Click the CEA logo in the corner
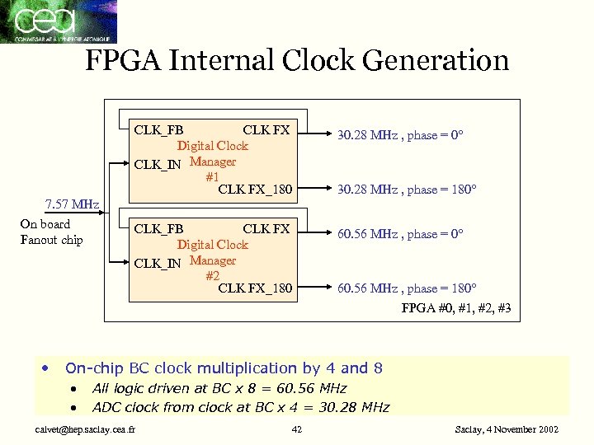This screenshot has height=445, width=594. tap(59, 21)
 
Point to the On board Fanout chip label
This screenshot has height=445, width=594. tap(51, 232)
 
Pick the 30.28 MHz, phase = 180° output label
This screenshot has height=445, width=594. tap(407, 190)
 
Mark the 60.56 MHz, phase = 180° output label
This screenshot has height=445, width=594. tap(407, 288)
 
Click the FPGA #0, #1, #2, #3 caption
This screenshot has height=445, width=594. tap(456, 309)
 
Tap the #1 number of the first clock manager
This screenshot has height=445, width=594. tap(212, 176)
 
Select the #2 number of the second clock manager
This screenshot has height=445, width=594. tap(212, 275)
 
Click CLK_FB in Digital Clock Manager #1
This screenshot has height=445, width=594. tap(158, 129)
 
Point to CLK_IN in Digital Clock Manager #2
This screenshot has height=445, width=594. tap(157, 263)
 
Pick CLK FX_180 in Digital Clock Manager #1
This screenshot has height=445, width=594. tap(255, 190)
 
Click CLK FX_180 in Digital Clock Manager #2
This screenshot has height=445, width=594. tap(255, 288)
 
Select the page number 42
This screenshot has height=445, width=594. tap(297, 429)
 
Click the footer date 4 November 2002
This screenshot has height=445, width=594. tap(507, 429)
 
